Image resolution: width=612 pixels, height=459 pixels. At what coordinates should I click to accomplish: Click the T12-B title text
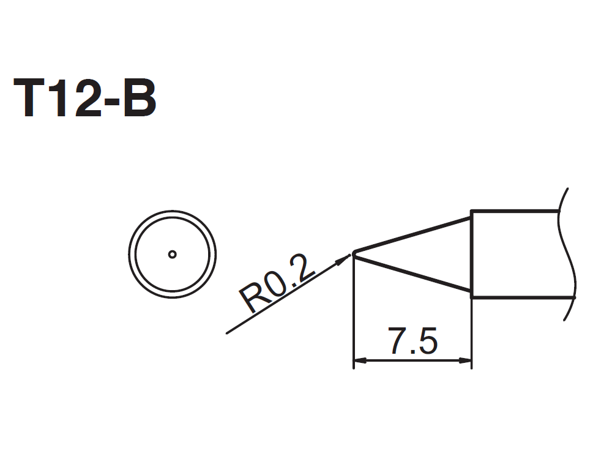pyautogui.click(x=84, y=97)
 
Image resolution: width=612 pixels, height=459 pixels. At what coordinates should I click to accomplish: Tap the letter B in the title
pyautogui.click(x=140, y=97)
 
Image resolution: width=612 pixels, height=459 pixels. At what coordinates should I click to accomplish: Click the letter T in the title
pyautogui.click(x=29, y=97)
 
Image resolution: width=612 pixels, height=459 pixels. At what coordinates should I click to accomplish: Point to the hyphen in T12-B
pyautogui.click(x=110, y=102)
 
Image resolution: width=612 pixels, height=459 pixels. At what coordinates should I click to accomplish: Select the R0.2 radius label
pyautogui.click(x=277, y=283)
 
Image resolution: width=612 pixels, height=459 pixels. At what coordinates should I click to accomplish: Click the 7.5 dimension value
pyautogui.click(x=412, y=341)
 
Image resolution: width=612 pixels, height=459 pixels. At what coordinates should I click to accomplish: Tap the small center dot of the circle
pyautogui.click(x=172, y=255)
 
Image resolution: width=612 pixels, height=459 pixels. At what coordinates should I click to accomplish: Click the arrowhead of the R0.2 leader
pyautogui.click(x=343, y=260)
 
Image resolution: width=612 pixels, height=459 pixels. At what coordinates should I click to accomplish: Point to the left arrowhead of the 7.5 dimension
pyautogui.click(x=360, y=360)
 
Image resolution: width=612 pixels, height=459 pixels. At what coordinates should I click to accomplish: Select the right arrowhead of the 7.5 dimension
pyautogui.click(x=465, y=360)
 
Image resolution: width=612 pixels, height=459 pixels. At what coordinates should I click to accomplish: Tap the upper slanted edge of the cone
pyautogui.click(x=412, y=234)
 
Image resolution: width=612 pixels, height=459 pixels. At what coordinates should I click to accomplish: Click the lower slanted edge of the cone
pyautogui.click(x=412, y=273)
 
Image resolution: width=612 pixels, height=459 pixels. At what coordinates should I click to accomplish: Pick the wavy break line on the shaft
pyautogui.click(x=567, y=254)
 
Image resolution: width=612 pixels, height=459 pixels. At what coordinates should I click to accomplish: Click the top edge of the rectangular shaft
pyautogui.click(x=515, y=212)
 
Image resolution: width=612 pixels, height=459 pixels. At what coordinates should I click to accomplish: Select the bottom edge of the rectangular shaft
pyautogui.click(x=523, y=297)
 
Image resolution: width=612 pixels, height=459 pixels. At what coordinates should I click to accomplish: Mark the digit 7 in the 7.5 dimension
pyautogui.click(x=398, y=341)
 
